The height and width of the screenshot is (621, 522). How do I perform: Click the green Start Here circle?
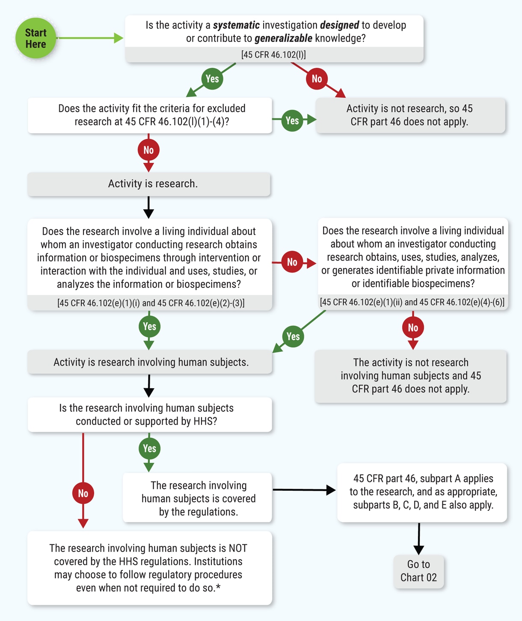point(36,38)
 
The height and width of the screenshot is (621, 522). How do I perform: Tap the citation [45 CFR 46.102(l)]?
point(274,55)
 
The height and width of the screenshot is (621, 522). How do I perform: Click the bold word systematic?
point(236,25)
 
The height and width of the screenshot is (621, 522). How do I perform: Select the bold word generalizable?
point(283,39)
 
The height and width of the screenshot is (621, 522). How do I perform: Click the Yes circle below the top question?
point(212,79)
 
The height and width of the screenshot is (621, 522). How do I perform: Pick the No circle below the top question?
point(317,79)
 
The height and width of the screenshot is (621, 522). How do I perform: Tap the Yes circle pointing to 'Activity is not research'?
point(292,121)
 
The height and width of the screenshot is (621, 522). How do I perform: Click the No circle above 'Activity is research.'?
point(148,150)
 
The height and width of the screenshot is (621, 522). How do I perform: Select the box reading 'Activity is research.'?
point(149,184)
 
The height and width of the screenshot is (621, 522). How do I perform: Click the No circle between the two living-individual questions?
point(292,262)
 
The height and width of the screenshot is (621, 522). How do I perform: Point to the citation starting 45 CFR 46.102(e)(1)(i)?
point(151,303)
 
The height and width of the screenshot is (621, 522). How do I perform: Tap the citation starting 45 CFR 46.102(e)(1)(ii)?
point(412,302)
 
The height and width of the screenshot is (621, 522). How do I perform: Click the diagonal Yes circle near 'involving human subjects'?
point(293,336)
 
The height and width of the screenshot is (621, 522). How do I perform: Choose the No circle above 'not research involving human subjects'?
point(413,328)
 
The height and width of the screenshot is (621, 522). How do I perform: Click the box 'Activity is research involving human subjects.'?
point(150,362)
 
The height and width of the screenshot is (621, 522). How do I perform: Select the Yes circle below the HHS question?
point(149,449)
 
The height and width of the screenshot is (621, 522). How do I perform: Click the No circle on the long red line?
point(83,493)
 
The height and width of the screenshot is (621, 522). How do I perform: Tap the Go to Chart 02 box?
point(418,571)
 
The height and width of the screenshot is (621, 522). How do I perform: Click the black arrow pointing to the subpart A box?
point(304,489)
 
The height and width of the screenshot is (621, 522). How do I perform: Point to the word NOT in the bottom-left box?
point(238,548)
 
